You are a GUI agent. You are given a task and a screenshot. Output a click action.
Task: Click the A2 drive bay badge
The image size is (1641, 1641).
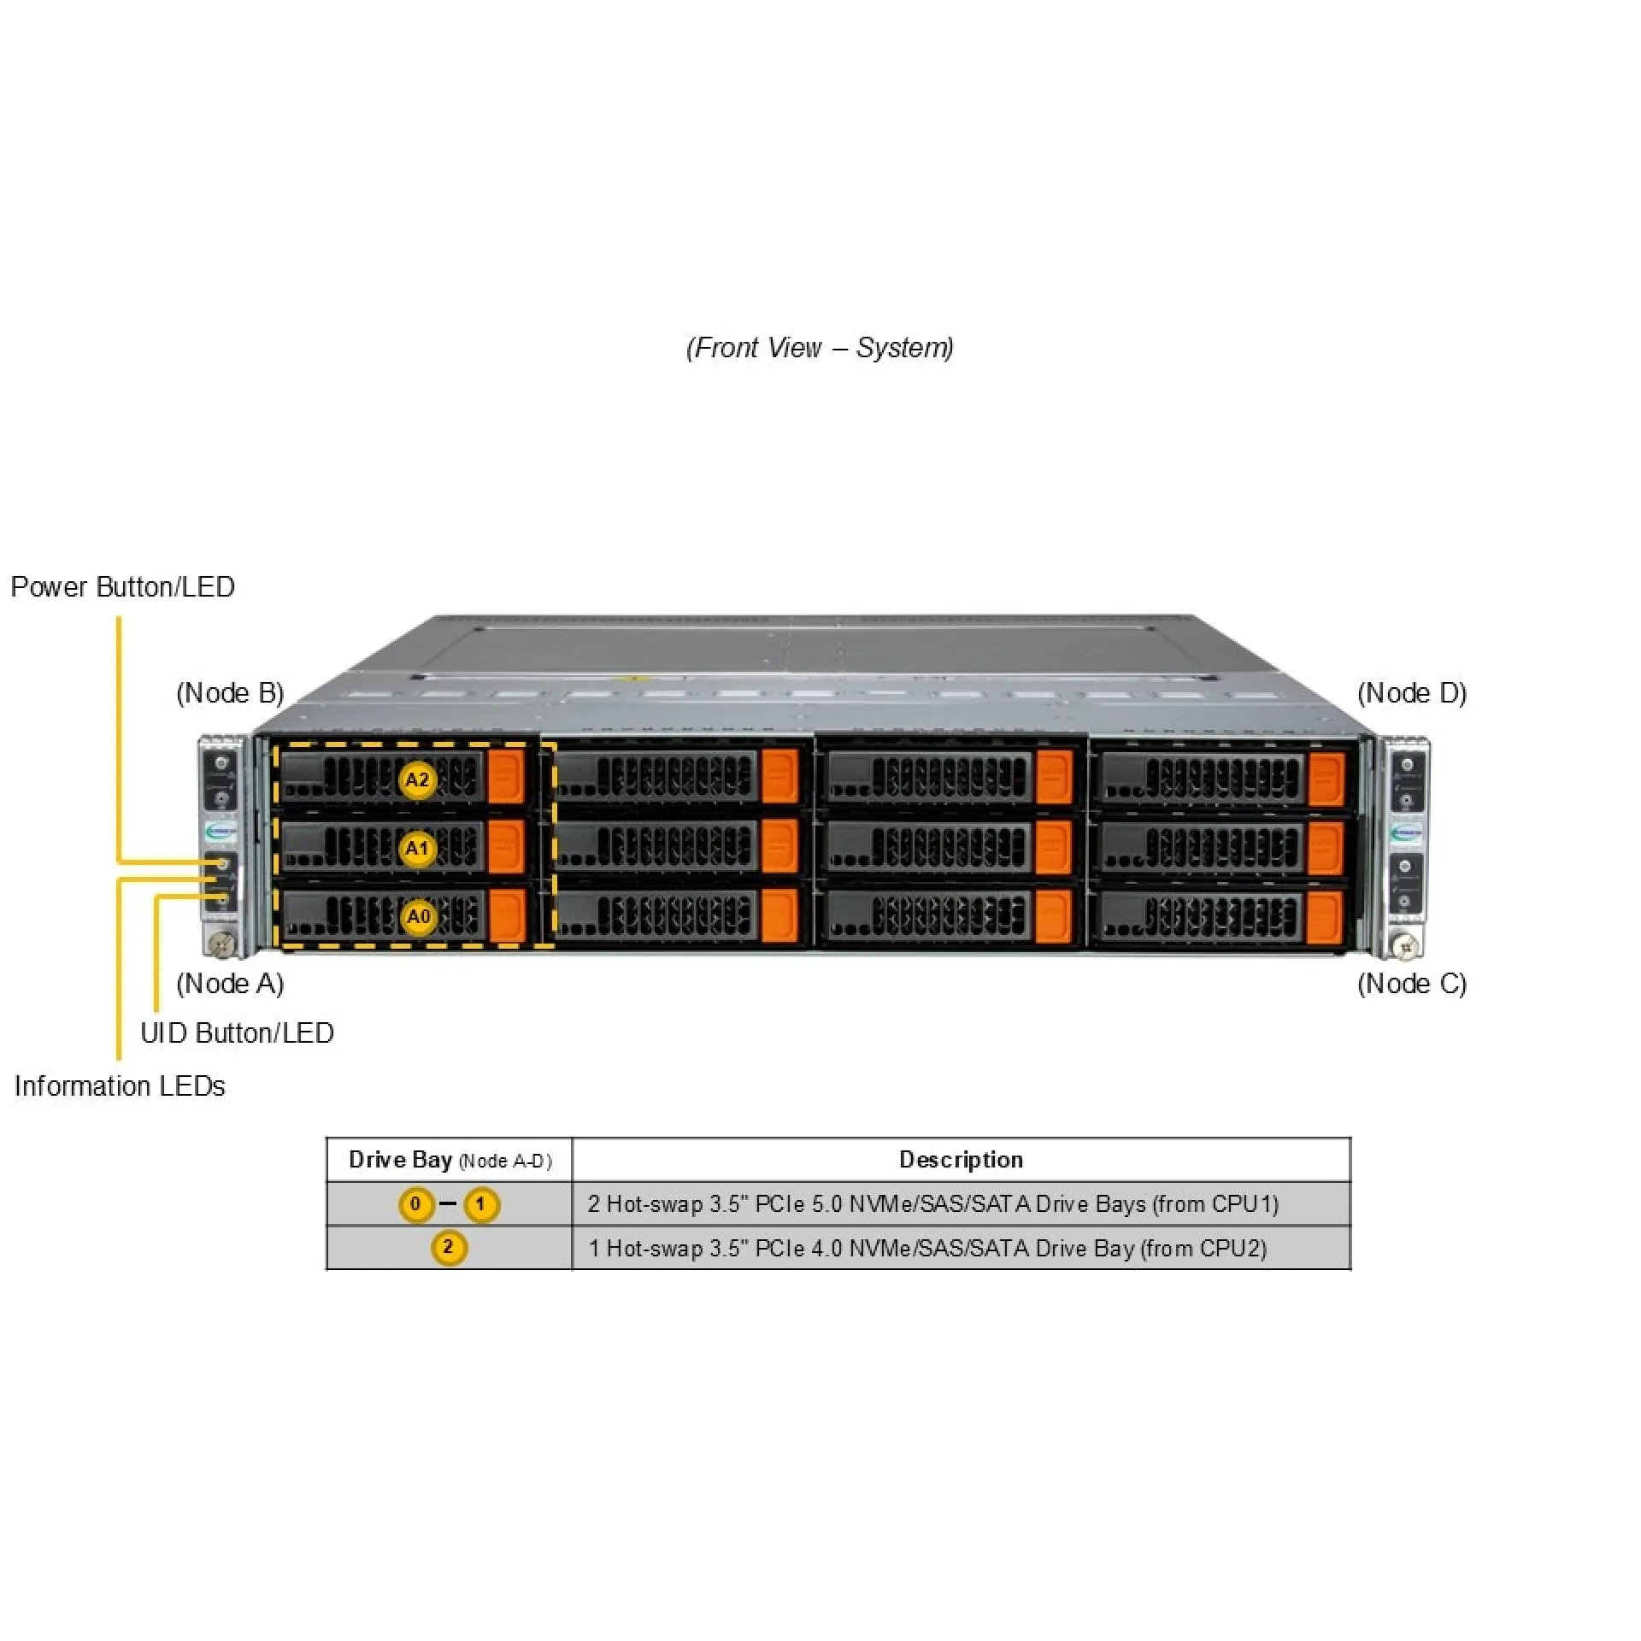coord(417,779)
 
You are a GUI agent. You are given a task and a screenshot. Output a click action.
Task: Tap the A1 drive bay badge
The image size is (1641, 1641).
coord(417,849)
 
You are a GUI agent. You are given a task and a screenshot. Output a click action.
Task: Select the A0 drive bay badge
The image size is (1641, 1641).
coord(418,917)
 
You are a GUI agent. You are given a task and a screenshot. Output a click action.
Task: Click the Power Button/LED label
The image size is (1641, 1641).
coord(122,587)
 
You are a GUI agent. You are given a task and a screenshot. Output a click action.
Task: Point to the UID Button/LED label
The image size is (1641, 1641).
coord(237,1033)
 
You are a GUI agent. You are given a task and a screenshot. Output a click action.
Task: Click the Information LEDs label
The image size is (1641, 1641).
coord(120,1086)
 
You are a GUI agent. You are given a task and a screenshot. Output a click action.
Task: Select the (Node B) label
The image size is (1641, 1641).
coord(230,693)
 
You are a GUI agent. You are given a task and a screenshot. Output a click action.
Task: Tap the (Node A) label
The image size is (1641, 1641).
coord(230,984)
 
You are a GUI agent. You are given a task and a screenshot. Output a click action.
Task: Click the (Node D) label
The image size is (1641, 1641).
coord(1412,693)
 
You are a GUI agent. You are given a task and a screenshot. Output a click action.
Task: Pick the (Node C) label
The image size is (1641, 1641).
coord(1412,984)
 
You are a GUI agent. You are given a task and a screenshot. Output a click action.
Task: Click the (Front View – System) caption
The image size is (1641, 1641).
coord(820,348)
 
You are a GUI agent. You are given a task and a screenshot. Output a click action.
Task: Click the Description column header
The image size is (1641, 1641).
coord(961,1160)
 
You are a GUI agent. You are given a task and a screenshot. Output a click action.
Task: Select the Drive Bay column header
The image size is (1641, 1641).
coord(450,1160)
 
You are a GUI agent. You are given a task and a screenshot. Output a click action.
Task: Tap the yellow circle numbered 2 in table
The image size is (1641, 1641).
coord(448,1247)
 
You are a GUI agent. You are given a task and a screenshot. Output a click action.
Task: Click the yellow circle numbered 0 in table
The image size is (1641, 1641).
coord(415,1204)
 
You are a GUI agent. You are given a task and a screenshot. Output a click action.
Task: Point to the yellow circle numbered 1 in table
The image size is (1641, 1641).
coord(480,1204)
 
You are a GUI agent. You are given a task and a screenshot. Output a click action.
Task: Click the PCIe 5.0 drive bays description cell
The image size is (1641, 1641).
coord(933,1204)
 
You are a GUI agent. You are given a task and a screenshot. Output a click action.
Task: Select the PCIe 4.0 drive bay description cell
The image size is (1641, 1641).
coord(927,1249)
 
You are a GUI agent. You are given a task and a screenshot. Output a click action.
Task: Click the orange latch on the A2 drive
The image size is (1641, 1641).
coord(506,777)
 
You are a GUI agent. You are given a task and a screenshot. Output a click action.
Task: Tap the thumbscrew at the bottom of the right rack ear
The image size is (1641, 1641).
coord(1405,945)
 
